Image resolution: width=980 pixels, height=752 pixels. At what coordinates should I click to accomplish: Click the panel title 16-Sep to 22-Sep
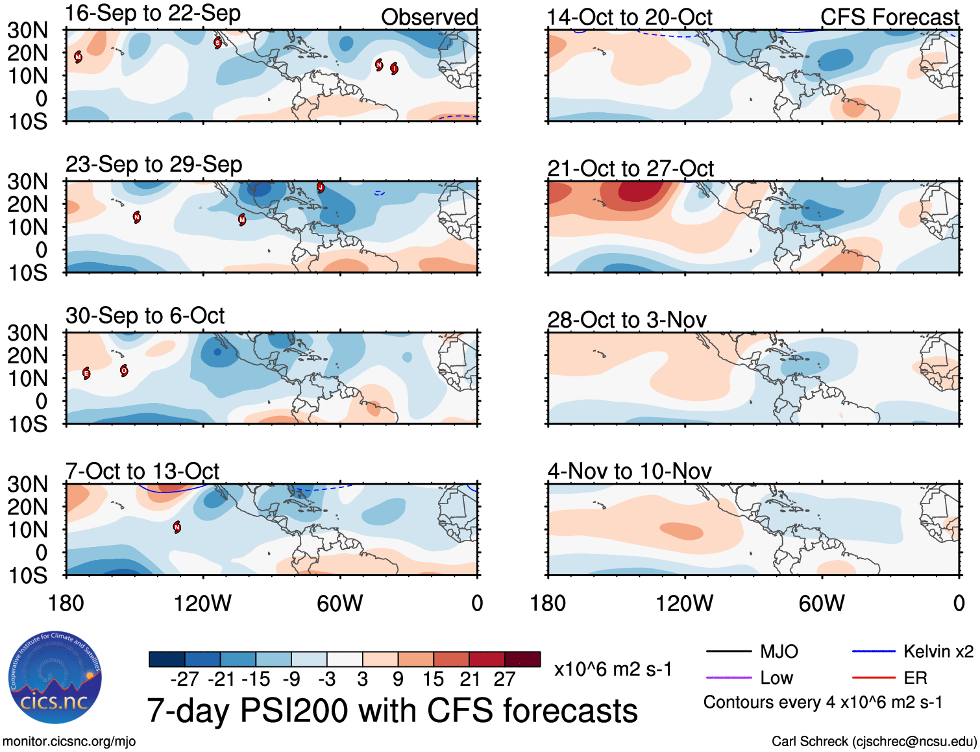click(153, 14)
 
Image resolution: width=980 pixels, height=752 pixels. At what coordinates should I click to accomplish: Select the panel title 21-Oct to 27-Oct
click(630, 169)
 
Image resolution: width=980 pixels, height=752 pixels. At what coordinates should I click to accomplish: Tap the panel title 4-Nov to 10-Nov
click(630, 471)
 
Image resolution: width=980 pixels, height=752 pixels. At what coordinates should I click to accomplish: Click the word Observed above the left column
click(429, 18)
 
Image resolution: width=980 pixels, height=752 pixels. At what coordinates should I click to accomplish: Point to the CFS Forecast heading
click(889, 18)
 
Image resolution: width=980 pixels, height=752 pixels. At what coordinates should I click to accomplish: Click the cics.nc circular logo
click(55, 678)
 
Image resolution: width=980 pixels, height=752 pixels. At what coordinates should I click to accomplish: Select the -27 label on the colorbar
click(184, 679)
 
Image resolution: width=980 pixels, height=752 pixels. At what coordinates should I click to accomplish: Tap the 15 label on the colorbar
click(433, 679)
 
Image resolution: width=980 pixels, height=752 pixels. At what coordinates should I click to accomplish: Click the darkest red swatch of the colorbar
click(522, 659)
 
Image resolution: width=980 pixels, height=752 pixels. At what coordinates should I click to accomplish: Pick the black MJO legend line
click(728, 651)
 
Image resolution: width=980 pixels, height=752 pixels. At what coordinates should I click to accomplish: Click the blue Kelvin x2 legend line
click(874, 651)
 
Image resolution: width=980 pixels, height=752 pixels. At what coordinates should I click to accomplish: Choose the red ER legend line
click(874, 678)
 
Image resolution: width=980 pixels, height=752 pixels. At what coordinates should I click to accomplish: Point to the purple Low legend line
click(728, 678)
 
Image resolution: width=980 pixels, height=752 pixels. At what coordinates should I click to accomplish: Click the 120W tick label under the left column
click(202, 603)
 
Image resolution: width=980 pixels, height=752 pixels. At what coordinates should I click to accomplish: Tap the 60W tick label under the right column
click(822, 603)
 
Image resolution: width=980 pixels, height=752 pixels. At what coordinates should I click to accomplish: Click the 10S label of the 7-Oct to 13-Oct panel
click(28, 576)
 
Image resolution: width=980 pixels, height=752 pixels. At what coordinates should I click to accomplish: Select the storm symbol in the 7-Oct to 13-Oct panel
click(177, 528)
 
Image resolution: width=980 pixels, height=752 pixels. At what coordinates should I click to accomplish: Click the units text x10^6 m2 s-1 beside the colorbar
click(613, 670)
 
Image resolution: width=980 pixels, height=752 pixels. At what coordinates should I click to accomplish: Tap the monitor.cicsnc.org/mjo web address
click(69, 742)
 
